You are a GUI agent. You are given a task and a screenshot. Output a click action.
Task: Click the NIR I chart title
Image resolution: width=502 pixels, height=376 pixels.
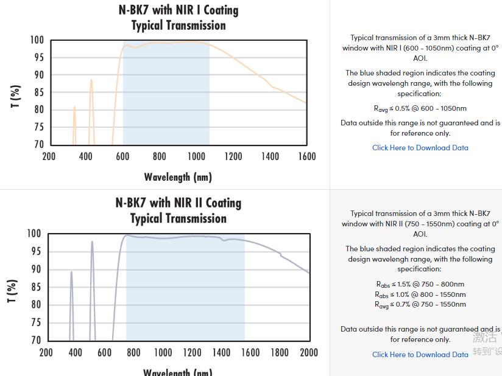tap(179, 18)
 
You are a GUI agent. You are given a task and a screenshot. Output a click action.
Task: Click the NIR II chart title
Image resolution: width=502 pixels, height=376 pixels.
tap(179, 211)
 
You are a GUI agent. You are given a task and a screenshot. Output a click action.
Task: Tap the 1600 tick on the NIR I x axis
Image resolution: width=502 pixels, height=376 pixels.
tap(306, 157)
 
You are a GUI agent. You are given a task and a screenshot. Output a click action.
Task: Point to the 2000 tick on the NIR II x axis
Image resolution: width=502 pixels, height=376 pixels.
tap(309, 352)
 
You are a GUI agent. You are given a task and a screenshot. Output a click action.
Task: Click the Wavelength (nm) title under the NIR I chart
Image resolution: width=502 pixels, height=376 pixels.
tap(178, 177)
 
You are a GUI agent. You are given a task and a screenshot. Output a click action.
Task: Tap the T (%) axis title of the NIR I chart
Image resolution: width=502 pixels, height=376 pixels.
tap(16, 96)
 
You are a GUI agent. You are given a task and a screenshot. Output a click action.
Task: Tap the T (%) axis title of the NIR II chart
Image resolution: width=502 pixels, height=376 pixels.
tap(12, 291)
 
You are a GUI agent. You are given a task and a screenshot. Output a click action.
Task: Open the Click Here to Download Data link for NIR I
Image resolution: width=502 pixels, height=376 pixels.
tap(420, 148)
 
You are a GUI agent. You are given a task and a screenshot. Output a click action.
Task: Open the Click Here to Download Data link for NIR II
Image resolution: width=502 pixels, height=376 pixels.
tap(420, 355)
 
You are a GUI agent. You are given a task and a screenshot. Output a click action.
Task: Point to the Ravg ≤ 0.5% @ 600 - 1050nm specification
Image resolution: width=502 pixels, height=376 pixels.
tap(420, 109)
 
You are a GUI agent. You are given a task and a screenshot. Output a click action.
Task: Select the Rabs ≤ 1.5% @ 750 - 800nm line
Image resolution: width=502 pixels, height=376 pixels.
tap(420, 284)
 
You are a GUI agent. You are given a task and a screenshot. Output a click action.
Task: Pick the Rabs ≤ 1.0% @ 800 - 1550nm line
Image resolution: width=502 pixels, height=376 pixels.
tap(420, 294)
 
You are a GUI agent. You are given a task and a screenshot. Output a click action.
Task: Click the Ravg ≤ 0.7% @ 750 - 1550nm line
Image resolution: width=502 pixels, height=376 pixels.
tap(420, 304)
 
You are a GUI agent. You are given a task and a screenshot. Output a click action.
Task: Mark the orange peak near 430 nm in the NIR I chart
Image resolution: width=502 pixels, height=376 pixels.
tap(91, 80)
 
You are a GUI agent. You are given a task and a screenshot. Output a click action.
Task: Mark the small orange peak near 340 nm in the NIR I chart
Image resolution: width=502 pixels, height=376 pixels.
tap(74, 107)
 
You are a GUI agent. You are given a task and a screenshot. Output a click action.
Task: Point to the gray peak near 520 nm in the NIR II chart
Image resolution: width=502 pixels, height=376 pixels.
tap(92, 242)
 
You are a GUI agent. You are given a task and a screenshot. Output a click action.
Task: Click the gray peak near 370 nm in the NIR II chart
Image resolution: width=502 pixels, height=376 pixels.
tap(71, 272)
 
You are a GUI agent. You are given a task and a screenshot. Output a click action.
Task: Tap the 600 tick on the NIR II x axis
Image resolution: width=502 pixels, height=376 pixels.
tap(105, 352)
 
